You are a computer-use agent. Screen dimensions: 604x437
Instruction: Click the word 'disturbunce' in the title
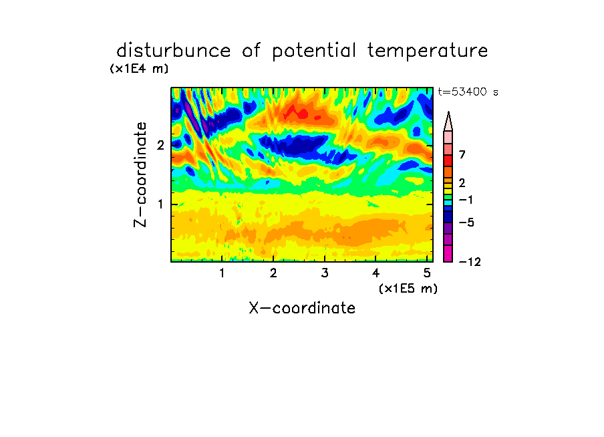tap(173, 50)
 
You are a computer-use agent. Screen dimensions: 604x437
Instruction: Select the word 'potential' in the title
tap(313, 51)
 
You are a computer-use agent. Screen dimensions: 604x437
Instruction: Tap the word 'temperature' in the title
tap(428, 51)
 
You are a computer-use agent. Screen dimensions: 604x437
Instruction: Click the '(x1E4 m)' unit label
tap(139, 69)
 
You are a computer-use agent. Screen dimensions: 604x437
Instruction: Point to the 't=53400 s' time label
tap(468, 92)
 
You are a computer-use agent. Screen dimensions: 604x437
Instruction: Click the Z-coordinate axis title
tap(140, 174)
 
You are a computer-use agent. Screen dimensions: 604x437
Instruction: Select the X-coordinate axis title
tap(302, 308)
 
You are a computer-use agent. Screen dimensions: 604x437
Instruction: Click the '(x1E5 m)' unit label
tap(408, 289)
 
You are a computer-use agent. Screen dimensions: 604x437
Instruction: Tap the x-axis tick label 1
tap(222, 273)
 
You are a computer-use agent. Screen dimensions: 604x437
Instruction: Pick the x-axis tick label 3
tap(325, 273)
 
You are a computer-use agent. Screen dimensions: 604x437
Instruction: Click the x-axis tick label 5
tap(427, 273)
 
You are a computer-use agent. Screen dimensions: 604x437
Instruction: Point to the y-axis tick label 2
tap(160, 145)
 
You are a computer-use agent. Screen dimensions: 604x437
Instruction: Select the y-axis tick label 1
tap(160, 204)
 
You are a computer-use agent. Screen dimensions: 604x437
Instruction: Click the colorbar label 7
tap(462, 154)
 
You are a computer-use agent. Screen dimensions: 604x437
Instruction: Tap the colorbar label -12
tap(470, 262)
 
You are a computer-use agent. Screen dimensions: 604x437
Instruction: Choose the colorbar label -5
tap(466, 223)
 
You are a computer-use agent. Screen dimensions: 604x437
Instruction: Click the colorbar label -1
tap(466, 200)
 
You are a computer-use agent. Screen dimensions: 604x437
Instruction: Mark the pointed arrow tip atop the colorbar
tap(448, 112)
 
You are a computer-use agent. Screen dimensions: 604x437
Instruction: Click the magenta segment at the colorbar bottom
tap(448, 253)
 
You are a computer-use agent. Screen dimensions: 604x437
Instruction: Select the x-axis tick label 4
tap(375, 273)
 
